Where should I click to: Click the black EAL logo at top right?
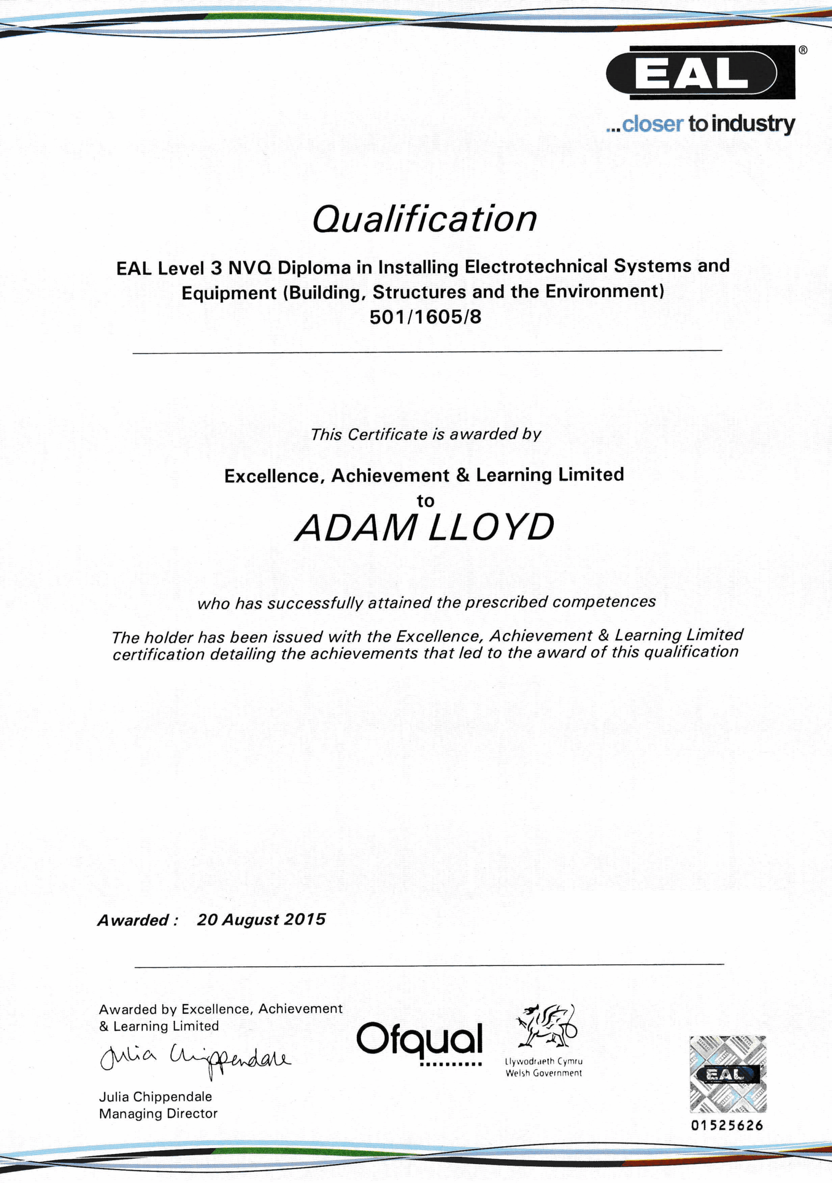tap(700, 73)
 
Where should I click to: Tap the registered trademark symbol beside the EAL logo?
tap(802, 50)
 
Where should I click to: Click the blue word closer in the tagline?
tap(652, 124)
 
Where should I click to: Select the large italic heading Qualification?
tap(424, 219)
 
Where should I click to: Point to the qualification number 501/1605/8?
tap(425, 317)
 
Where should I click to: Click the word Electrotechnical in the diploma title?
tap(536, 267)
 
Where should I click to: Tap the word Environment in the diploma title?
tap(601, 292)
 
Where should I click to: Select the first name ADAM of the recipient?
tap(356, 528)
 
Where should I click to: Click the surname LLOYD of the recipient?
tap(491, 528)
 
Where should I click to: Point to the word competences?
tap(604, 602)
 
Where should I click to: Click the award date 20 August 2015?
tap(261, 919)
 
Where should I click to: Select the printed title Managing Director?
tap(158, 1114)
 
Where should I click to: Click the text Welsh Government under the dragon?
tap(543, 1073)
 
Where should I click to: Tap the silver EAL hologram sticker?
tap(727, 1074)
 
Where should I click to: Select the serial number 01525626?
tap(727, 1126)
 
